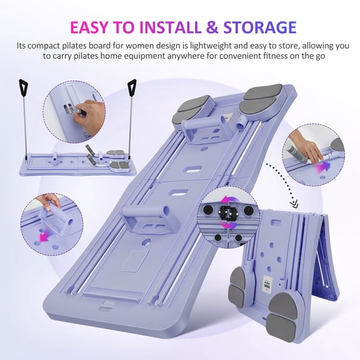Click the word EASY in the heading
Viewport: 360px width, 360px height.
click(89, 27)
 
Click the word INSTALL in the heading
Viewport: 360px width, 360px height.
click(170, 27)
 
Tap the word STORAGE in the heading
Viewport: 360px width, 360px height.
click(259, 27)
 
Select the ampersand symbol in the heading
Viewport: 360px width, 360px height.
click(212, 27)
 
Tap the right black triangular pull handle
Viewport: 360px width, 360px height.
click(132, 87)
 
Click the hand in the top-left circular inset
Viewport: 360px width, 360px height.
click(88, 116)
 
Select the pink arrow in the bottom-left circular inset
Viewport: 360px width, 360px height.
click(44, 237)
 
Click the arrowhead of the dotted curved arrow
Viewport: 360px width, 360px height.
click(294, 203)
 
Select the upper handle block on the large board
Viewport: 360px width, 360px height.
click(207, 129)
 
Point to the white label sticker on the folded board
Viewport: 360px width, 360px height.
click(267, 284)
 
